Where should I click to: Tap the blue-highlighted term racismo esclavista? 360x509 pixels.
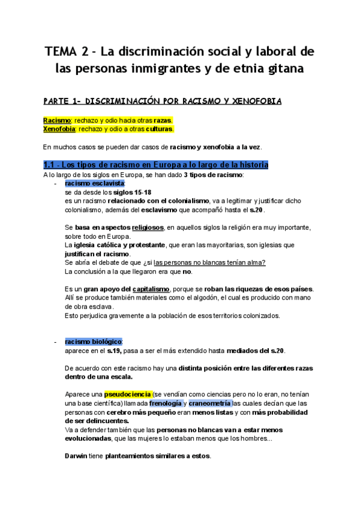pyautogui.click(x=94, y=183)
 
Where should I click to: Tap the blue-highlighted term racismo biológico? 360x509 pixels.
pyautogui.click(x=93, y=342)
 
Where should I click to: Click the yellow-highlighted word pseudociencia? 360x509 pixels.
pyautogui.click(x=128, y=394)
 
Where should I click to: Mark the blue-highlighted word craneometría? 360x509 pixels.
pyautogui.click(x=210, y=403)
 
